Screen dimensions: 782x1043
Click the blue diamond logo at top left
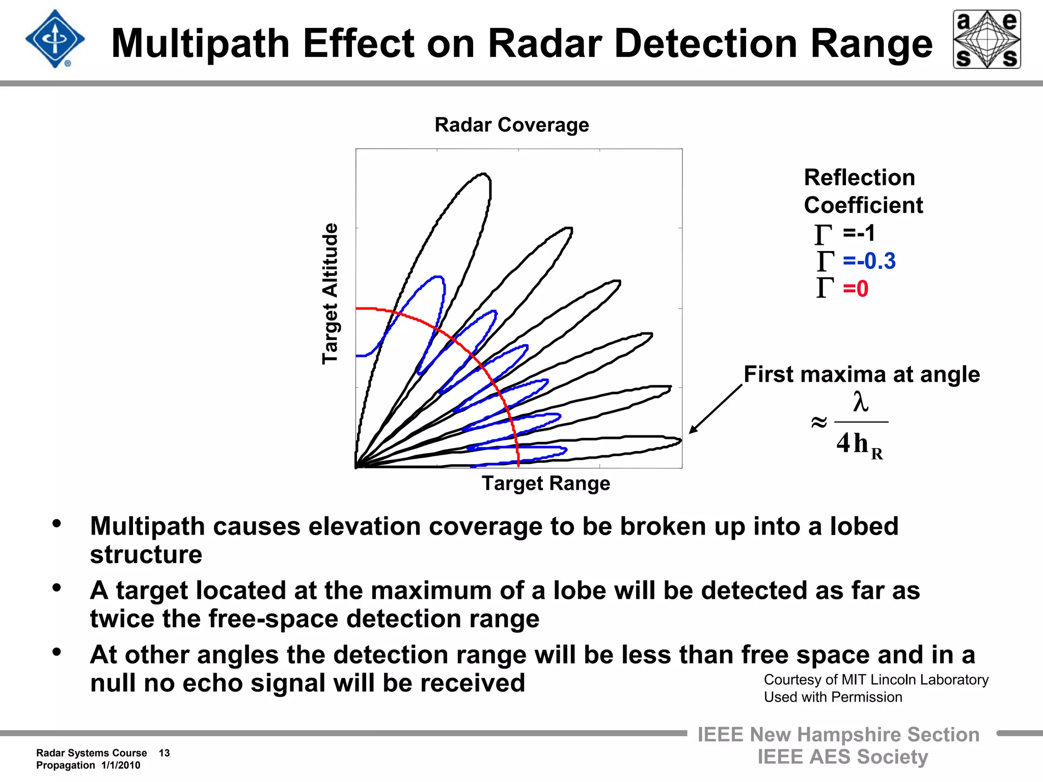(54, 39)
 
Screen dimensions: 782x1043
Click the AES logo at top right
(986, 39)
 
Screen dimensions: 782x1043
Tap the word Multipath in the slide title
(201, 44)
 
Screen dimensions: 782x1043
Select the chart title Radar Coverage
(511, 125)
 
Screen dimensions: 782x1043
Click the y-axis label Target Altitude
(330, 293)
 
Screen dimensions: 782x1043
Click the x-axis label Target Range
(545, 483)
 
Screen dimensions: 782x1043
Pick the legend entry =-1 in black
(858, 233)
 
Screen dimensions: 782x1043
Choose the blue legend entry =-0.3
(868, 261)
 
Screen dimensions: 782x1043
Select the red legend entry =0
(855, 289)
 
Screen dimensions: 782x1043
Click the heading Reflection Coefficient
(863, 191)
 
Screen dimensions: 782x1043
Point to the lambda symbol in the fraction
(860, 402)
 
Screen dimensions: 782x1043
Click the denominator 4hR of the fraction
(859, 444)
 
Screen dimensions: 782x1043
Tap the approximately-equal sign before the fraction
(818, 422)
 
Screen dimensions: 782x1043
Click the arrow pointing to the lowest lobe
(715, 409)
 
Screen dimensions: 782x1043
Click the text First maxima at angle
(861, 374)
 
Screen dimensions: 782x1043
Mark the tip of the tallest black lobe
(484, 176)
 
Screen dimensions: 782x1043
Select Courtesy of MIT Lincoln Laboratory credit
(875, 680)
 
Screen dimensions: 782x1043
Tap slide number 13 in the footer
(164, 753)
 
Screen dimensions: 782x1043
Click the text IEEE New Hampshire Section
(838, 735)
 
